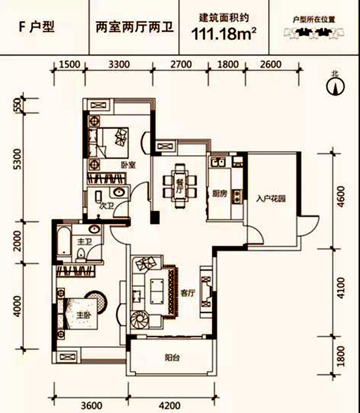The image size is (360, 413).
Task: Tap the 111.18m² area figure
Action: (x=224, y=34)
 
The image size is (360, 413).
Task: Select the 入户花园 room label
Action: (x=271, y=198)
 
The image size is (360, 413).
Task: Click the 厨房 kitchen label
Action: (x=219, y=194)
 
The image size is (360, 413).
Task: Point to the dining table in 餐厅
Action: (x=180, y=186)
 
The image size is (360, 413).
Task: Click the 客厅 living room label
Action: (x=188, y=293)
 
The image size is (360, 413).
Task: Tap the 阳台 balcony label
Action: (x=172, y=357)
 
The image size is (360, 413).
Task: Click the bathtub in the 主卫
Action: (x=63, y=241)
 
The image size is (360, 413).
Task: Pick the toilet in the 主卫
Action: (x=81, y=255)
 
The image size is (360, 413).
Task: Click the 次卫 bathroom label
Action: (x=107, y=206)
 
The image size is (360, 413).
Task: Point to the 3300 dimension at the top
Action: (x=119, y=64)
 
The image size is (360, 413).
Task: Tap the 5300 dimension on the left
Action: (x=17, y=159)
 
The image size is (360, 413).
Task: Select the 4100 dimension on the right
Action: (x=341, y=288)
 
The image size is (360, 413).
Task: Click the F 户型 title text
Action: (x=37, y=27)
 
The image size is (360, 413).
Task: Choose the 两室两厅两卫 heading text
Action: (x=135, y=28)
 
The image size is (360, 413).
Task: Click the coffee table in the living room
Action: (x=157, y=291)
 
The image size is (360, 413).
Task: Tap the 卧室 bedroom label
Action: (x=129, y=165)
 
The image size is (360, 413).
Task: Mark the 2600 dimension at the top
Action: (x=270, y=64)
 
